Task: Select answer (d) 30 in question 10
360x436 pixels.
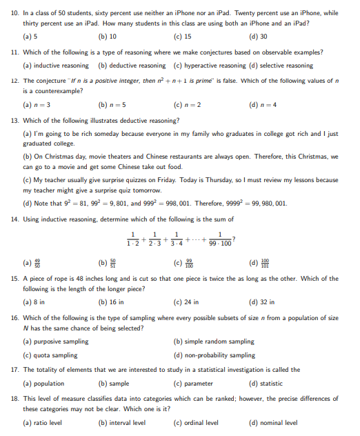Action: [x=257, y=36]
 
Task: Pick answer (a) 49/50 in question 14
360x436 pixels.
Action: [x=32, y=263]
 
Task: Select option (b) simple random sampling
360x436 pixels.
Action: [x=213, y=341]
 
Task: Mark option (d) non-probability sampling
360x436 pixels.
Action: [x=214, y=355]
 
